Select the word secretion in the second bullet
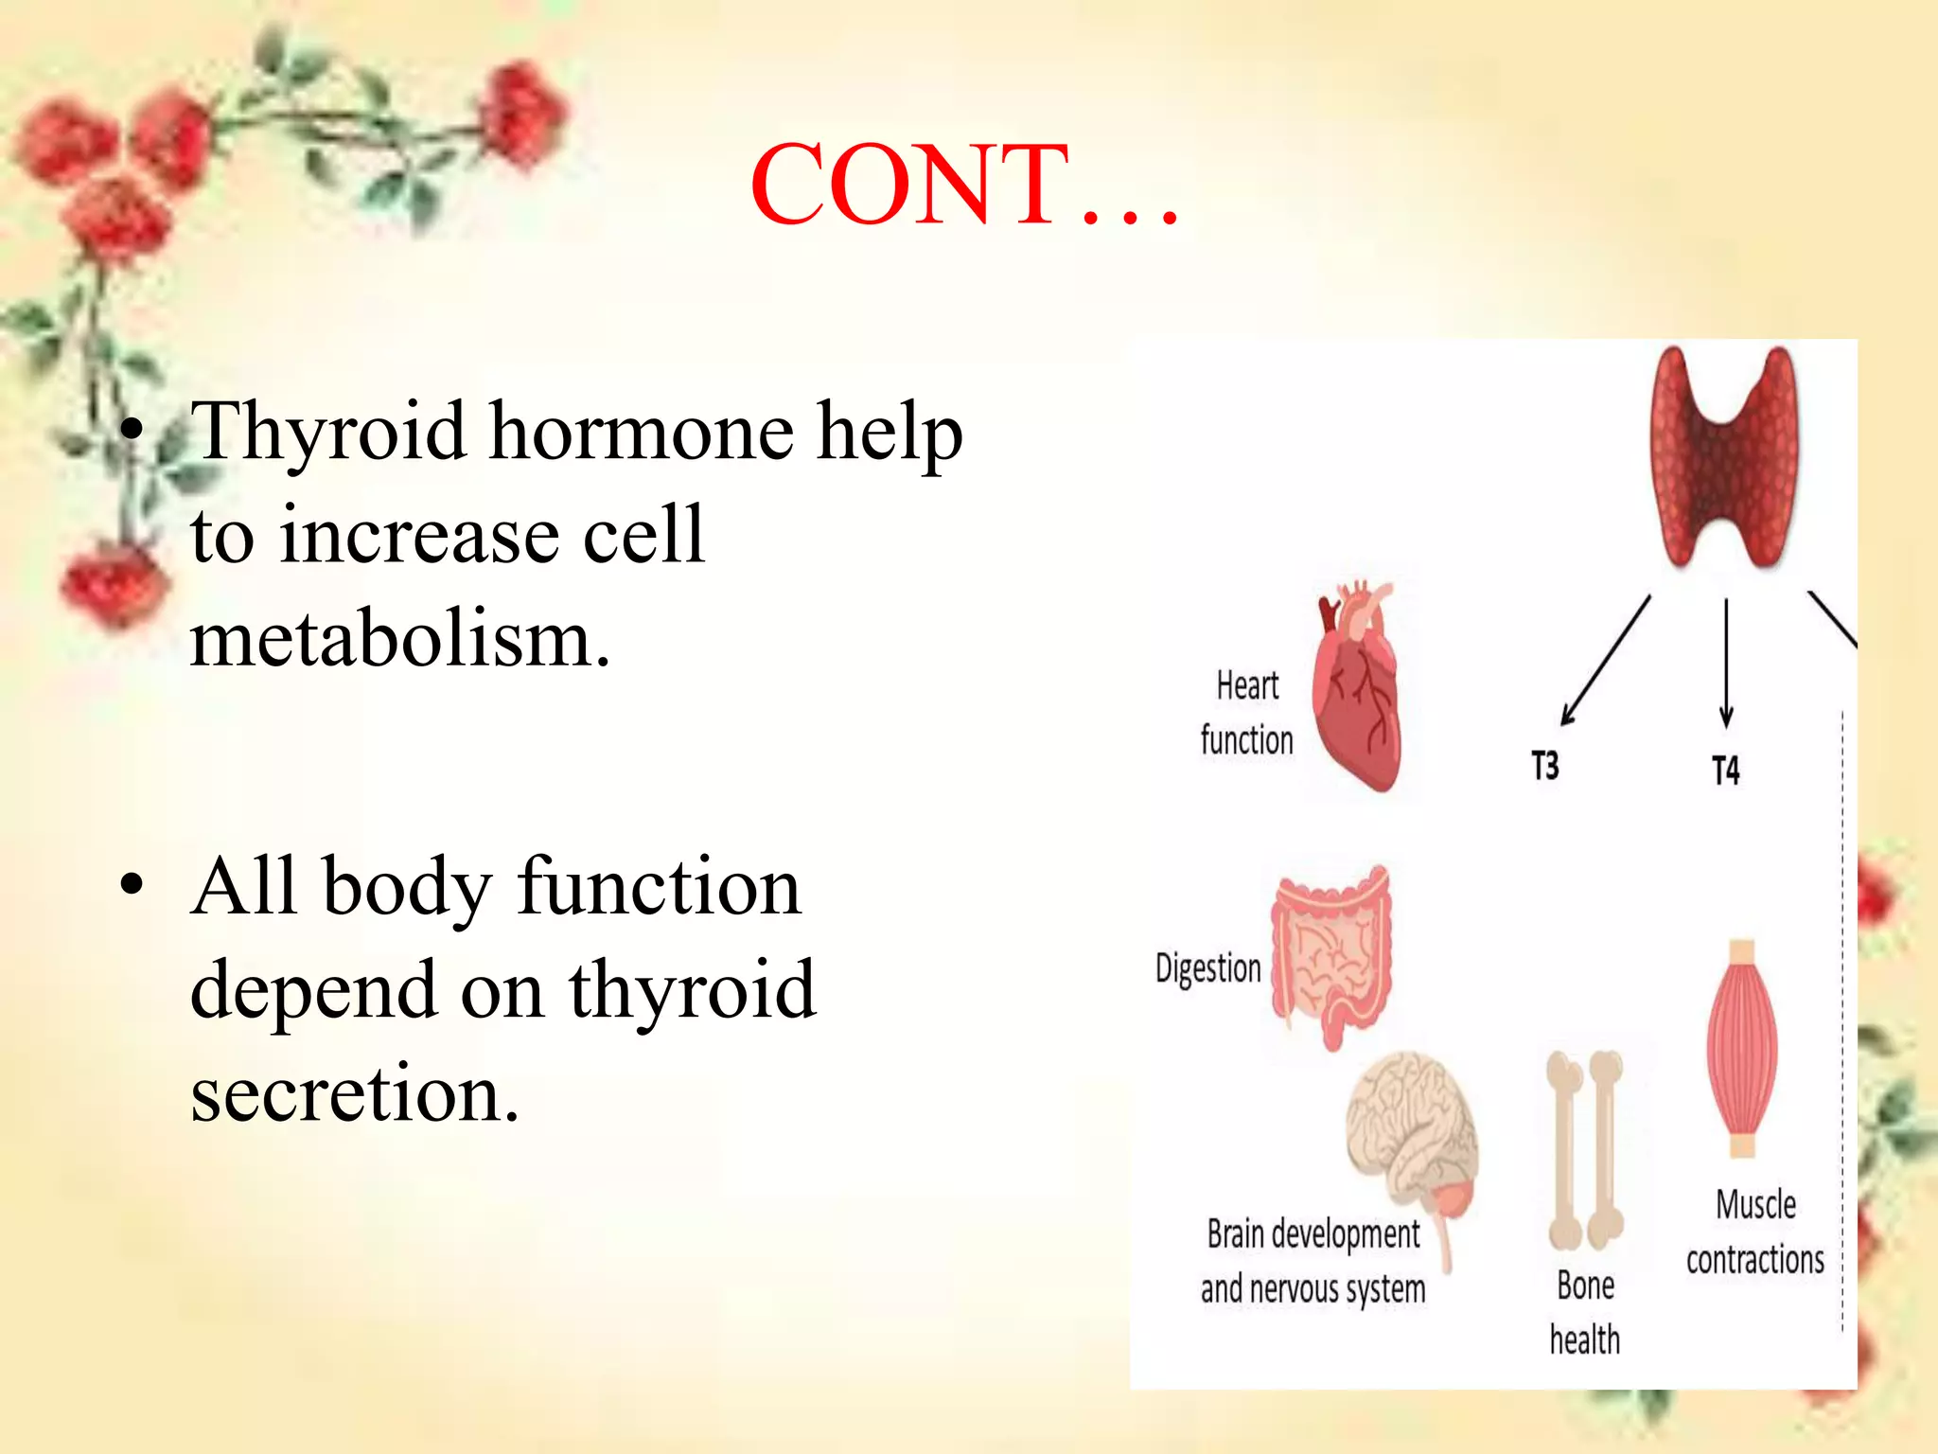[x=355, y=1093]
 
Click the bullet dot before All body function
[x=132, y=886]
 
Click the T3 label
[x=1544, y=765]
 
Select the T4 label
[x=1725, y=770]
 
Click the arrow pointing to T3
[x=1606, y=660]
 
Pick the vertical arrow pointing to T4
[x=1726, y=663]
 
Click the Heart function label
[x=1246, y=712]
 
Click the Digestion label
[x=1208, y=968]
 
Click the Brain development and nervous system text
[x=1313, y=1261]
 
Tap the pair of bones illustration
[x=1585, y=1150]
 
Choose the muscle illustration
[x=1742, y=1048]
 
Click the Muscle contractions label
[x=1755, y=1232]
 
